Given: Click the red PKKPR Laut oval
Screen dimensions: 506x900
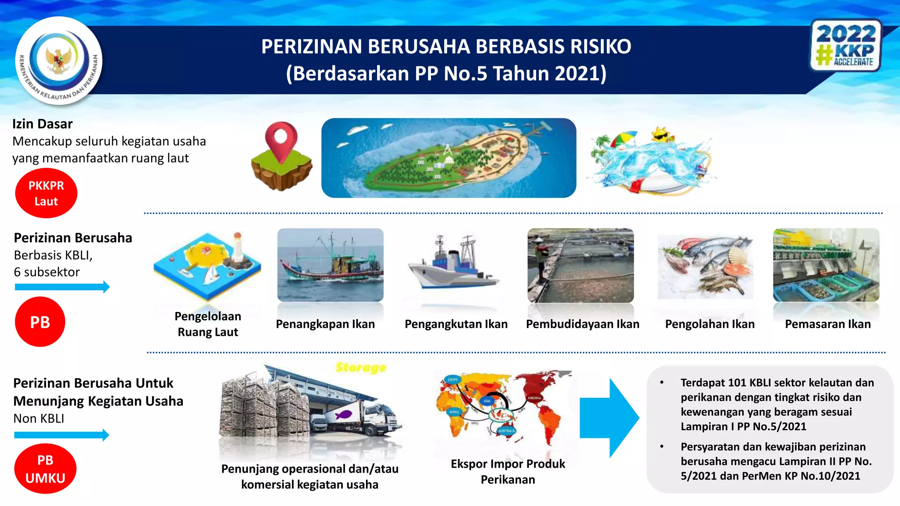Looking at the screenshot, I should click(46, 193).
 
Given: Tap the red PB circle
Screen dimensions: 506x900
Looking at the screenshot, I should click(40, 322).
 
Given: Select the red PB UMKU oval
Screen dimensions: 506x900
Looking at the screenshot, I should click(45, 469).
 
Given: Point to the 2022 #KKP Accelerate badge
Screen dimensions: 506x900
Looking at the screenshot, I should click(846, 46).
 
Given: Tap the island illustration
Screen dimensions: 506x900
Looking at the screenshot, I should click(449, 158).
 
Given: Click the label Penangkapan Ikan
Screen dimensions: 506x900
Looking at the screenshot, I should click(325, 324).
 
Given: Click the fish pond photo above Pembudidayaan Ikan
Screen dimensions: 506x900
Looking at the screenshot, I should click(581, 265).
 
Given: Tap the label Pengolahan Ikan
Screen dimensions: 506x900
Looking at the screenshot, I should click(710, 324).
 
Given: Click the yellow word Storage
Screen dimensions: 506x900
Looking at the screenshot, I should click(361, 368).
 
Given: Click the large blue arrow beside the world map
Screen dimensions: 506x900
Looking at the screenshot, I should click(611, 418).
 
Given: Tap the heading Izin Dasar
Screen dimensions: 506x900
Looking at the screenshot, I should click(42, 124).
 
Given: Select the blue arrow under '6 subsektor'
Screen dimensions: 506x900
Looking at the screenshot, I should click(62, 287).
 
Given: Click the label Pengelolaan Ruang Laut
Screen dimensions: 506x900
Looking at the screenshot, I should click(208, 324).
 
